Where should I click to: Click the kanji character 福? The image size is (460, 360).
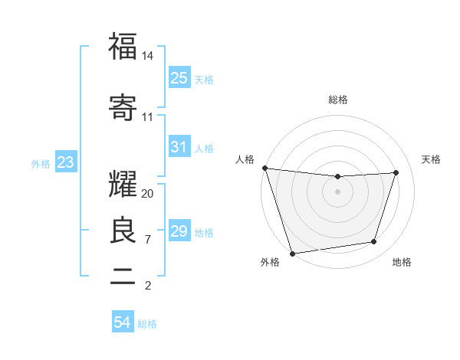coord(123,47)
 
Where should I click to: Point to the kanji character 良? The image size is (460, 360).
coord(123,230)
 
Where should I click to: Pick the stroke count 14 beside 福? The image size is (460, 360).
coord(148,56)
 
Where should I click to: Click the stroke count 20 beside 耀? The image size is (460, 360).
coord(148,194)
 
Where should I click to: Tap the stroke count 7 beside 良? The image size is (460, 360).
coord(148,240)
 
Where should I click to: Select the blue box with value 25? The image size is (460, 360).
coord(179,77)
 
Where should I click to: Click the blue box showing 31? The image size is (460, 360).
coord(179,146)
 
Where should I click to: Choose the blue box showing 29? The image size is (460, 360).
coord(179,231)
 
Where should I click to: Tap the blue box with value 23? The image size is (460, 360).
coord(65,162)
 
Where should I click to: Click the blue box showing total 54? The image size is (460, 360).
coord(123,322)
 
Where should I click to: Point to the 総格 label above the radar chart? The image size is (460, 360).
coord(338,100)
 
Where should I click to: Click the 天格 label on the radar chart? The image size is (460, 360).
coord(432,159)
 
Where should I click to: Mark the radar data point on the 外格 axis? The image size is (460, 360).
coord(292,253)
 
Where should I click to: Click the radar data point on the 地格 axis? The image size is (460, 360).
coord(374,242)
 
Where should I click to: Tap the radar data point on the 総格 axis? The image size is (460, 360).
coord(337,177)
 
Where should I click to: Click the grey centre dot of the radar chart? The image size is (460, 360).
coord(337,191)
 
